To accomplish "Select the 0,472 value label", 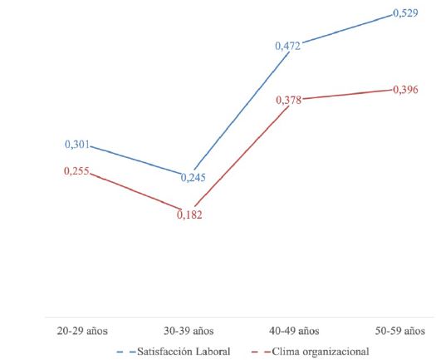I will [288, 46].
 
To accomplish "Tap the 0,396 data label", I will [404, 90].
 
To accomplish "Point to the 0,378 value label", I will [288, 99].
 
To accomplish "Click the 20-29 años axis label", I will [82, 330].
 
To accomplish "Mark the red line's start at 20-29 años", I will [90, 173].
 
